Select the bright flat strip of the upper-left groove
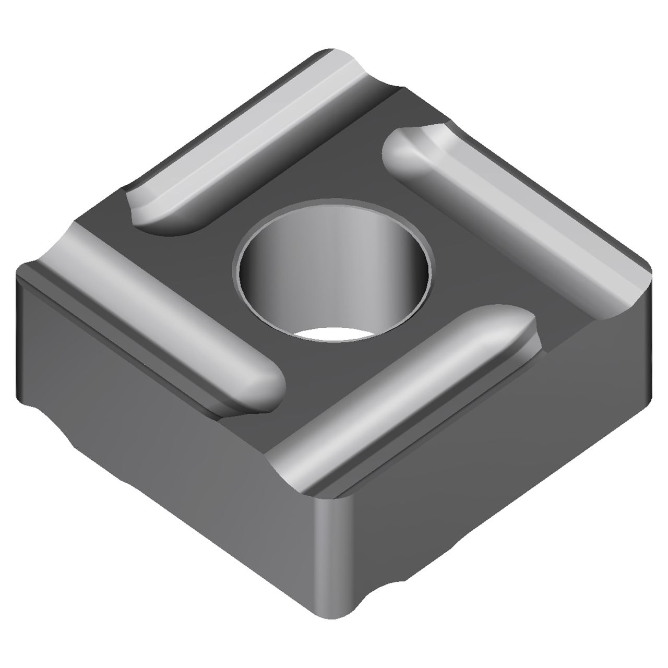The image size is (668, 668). coord(245,125)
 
